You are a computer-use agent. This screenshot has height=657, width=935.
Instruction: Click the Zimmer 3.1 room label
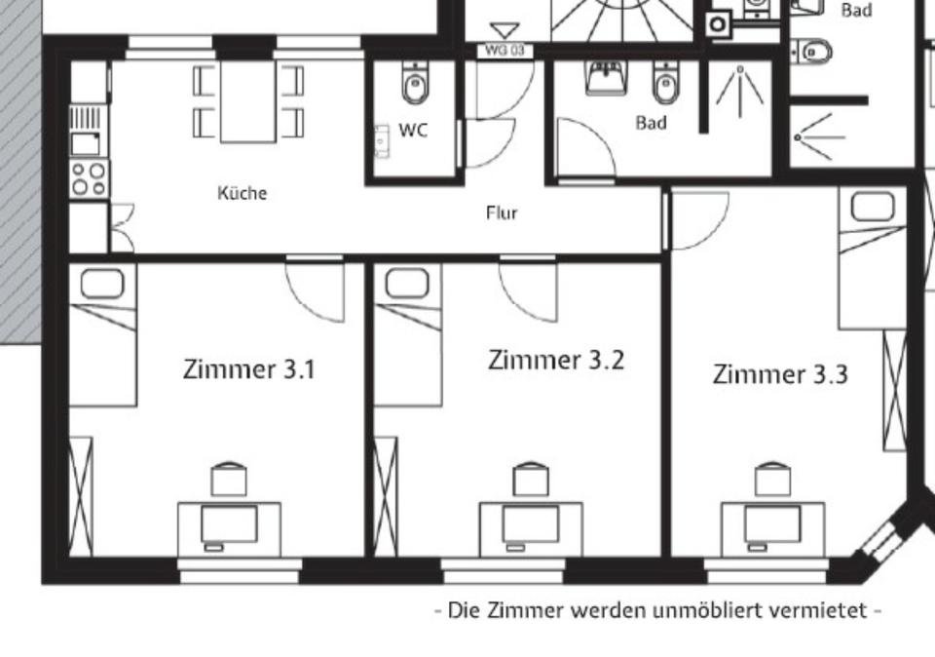(248, 369)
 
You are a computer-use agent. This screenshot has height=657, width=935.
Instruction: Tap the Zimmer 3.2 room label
(555, 360)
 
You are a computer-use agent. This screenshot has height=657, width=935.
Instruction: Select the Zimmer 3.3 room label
(780, 374)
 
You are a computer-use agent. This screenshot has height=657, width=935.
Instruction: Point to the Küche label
(242, 193)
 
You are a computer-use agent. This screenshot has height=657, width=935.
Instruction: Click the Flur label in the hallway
(502, 213)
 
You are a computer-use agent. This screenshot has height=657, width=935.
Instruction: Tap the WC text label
(413, 130)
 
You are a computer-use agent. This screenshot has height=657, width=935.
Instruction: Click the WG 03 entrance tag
(505, 50)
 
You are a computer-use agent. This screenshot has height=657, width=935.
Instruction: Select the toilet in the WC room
(415, 86)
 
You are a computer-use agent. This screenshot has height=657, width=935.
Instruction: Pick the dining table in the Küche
(248, 101)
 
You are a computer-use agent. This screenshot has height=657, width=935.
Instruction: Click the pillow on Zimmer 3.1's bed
(101, 284)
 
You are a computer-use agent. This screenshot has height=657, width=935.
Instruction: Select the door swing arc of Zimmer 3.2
(526, 290)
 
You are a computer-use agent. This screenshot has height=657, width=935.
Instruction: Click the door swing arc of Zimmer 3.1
(316, 290)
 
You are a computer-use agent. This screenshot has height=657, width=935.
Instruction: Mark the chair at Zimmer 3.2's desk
(531, 479)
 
